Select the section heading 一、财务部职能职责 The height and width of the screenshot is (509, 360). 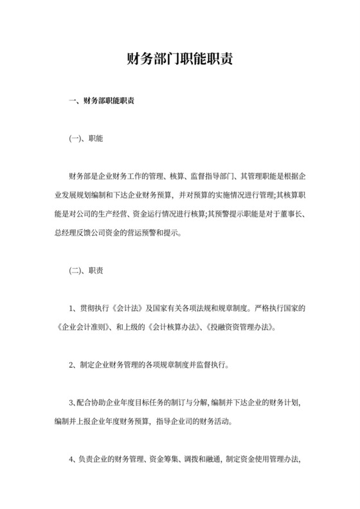coord(102,101)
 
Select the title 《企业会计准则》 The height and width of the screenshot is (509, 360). coord(75,326)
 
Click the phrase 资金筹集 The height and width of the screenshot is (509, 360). coord(163,460)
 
